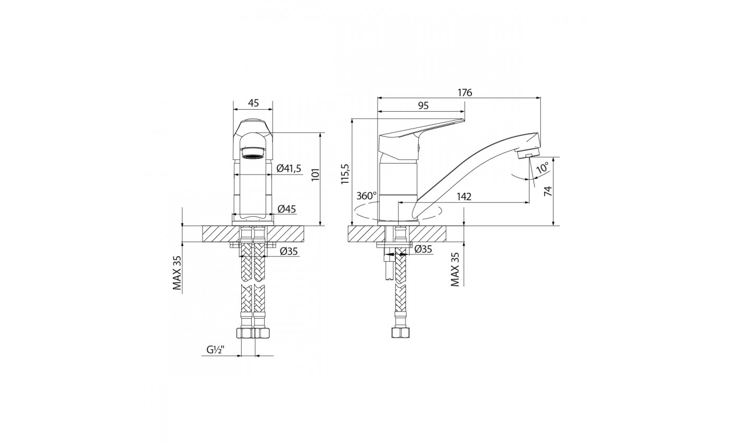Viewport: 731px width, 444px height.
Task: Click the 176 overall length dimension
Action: click(465, 93)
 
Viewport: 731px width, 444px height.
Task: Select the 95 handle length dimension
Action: click(423, 106)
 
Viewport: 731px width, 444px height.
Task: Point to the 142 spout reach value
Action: click(464, 196)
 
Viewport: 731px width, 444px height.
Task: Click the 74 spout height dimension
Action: click(548, 191)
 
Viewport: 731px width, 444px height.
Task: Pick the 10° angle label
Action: click(543, 168)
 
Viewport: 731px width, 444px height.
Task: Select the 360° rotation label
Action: click(367, 196)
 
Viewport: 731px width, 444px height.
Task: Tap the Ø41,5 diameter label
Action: click(289, 168)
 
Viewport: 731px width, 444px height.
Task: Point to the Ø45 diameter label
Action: click(287, 209)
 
